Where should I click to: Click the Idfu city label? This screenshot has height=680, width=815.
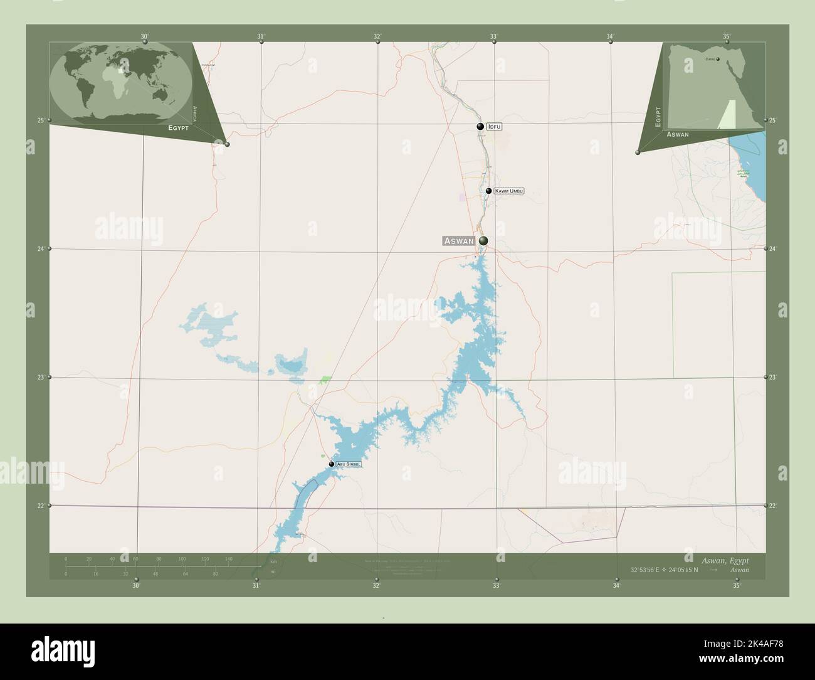(495, 127)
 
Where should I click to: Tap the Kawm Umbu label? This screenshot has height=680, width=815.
(508, 191)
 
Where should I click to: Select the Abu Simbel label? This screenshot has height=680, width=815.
(349, 464)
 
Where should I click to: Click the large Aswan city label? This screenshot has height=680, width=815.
(458, 241)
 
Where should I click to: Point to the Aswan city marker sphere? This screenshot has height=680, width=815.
(483, 240)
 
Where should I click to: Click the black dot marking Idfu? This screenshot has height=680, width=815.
(480, 127)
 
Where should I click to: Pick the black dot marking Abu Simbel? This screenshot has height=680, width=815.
(332, 464)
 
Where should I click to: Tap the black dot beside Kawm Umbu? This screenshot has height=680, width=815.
(488, 191)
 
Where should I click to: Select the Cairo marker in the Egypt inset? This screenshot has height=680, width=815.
(718, 60)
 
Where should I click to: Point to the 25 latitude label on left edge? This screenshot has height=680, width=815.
(40, 120)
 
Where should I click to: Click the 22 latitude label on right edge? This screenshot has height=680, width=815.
(774, 506)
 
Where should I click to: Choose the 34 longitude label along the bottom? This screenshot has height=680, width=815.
(617, 586)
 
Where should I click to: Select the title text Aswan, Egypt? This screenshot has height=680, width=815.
(725, 560)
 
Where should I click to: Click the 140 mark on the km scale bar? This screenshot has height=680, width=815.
(228, 559)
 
